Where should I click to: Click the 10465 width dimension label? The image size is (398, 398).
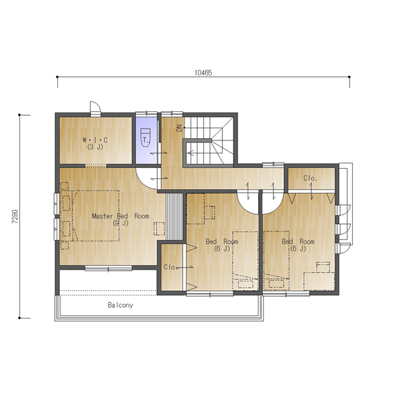[203, 73]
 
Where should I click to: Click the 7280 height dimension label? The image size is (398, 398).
[15, 217]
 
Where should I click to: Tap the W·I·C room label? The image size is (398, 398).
[95, 140]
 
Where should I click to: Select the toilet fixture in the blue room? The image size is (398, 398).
[145, 138]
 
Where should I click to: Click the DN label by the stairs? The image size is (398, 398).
[180, 128]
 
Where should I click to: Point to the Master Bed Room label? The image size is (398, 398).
[121, 216]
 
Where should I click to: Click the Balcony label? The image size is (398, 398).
[121, 305]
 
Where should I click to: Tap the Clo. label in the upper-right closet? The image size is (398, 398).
[310, 178]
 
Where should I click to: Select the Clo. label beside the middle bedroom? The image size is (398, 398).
[170, 267]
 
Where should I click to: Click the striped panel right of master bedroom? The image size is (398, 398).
[174, 217]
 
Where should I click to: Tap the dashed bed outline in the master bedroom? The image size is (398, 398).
[95, 215]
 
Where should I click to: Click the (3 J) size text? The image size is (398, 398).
[95, 147]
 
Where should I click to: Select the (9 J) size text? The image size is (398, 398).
[121, 223]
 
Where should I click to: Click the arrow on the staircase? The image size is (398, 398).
[191, 153]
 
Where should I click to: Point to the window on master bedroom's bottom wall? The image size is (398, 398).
[108, 269]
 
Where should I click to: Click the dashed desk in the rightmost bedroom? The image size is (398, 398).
[319, 282]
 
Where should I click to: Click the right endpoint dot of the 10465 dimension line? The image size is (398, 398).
[349, 77]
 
